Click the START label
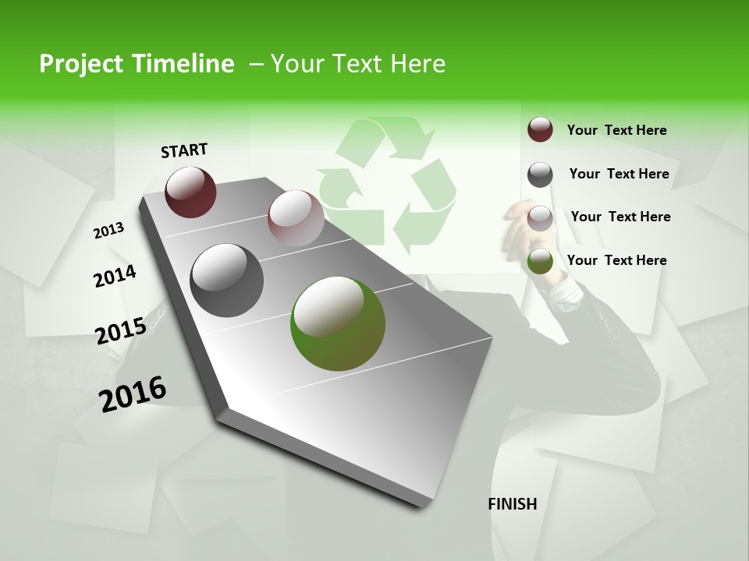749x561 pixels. tap(184, 150)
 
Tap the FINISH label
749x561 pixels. tap(512, 504)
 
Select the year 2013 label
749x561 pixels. tap(109, 231)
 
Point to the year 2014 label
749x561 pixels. tap(115, 276)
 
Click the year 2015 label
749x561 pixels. tap(120, 331)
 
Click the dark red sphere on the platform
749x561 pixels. tap(190, 192)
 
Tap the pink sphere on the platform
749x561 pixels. tap(295, 217)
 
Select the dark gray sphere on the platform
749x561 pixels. tap(226, 280)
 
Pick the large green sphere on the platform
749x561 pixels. tap(337, 323)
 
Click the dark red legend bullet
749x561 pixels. tap(540, 129)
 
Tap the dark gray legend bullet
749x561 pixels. tap(540, 175)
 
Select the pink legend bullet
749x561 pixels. tap(540, 218)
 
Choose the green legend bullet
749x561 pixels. tap(540, 262)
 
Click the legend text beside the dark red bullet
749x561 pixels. tap(616, 130)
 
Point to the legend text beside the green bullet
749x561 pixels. tap(616, 260)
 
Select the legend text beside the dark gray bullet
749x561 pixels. tap(619, 174)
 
